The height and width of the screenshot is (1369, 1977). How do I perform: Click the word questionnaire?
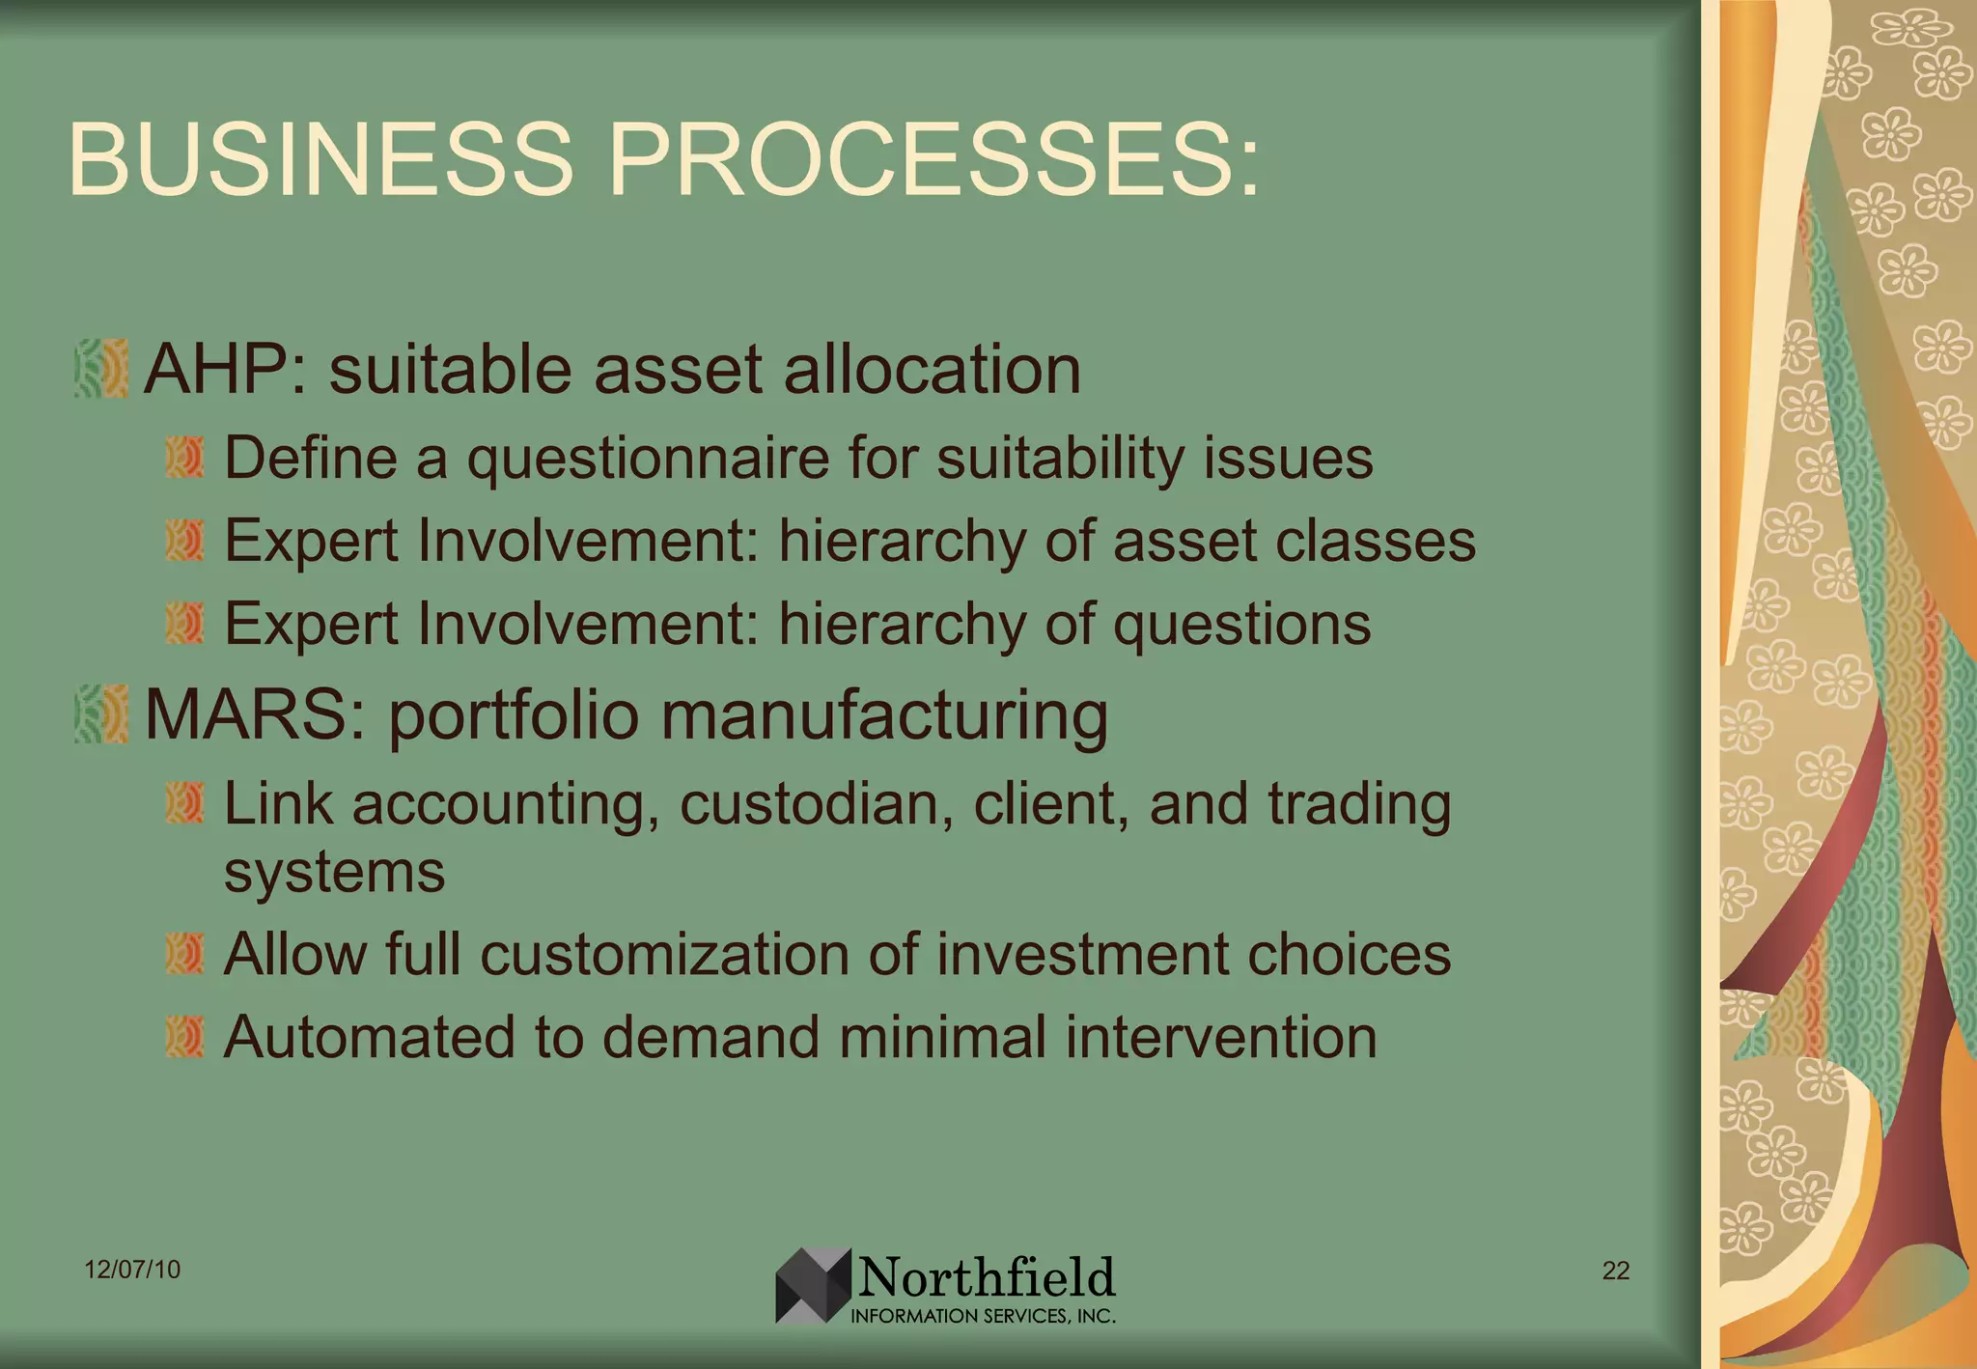[648, 460]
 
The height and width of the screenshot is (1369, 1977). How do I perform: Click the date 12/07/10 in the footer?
[132, 1270]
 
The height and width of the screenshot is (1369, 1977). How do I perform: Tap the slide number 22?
[1615, 1271]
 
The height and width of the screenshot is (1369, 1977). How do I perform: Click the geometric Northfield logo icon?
[813, 1285]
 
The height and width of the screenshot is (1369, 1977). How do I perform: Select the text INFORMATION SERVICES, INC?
[983, 1316]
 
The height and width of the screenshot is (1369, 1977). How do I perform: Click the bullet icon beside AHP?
[101, 368]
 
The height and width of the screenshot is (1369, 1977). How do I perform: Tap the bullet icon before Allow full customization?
[184, 954]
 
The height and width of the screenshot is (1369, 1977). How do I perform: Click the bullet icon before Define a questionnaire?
[184, 457]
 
